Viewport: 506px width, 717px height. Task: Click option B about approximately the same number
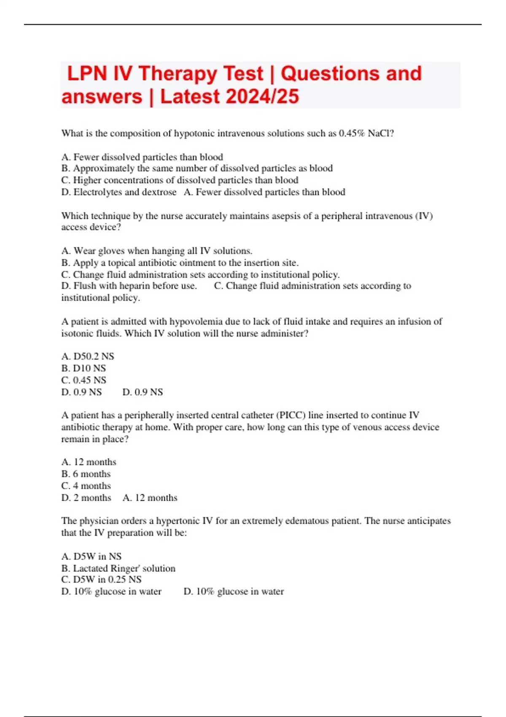click(x=197, y=168)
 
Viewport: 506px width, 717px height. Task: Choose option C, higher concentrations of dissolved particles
click(x=180, y=180)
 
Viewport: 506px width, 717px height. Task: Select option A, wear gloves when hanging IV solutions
click(x=157, y=251)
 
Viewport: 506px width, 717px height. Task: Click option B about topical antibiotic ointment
click(x=180, y=263)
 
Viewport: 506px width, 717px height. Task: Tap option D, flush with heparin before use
click(x=129, y=286)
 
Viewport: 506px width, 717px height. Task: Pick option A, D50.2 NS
click(x=88, y=356)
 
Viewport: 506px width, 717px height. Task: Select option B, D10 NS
click(x=83, y=368)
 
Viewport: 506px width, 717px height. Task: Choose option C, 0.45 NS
click(x=83, y=380)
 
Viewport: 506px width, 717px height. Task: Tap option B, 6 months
click(x=86, y=474)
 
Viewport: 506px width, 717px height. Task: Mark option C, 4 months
click(x=86, y=486)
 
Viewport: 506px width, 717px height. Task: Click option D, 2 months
click(x=86, y=498)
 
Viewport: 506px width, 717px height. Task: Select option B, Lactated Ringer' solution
click(x=118, y=568)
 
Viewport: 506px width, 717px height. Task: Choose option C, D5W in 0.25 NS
click(x=101, y=580)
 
